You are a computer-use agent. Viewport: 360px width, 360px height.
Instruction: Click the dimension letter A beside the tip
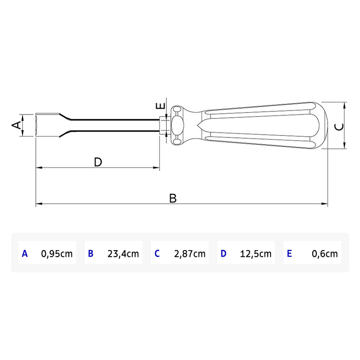click(16, 125)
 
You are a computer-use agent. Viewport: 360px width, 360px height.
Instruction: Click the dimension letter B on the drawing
click(173, 198)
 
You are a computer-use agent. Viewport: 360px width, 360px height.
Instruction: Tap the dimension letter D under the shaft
click(98, 162)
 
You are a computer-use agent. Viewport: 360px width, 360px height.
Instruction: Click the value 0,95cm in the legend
click(57, 254)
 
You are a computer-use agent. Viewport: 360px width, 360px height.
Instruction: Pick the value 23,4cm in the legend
click(123, 254)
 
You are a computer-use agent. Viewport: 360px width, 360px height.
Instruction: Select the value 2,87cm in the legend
click(189, 254)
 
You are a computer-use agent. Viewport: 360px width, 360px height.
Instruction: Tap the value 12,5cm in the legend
click(256, 254)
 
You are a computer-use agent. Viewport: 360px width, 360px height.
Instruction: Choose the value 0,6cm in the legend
click(324, 254)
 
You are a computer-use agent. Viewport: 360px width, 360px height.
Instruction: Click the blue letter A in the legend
click(25, 254)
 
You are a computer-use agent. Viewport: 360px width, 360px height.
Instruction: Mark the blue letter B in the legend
click(90, 254)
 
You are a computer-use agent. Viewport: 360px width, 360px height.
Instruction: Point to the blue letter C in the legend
click(157, 254)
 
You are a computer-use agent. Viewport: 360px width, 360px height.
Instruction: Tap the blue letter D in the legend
click(223, 254)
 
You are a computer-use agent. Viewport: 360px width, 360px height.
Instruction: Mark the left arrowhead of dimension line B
click(38, 204)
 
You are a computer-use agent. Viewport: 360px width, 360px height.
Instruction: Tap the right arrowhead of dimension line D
click(157, 168)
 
